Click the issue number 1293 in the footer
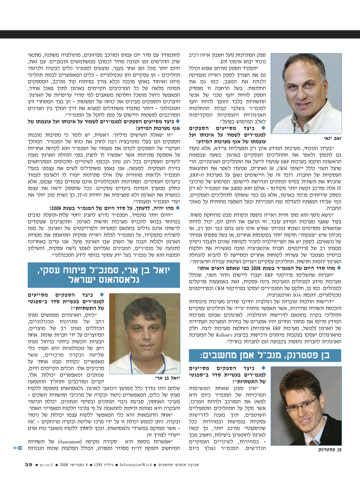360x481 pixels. [x=100, y=465]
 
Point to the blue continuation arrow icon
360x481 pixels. [x=18, y=447]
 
